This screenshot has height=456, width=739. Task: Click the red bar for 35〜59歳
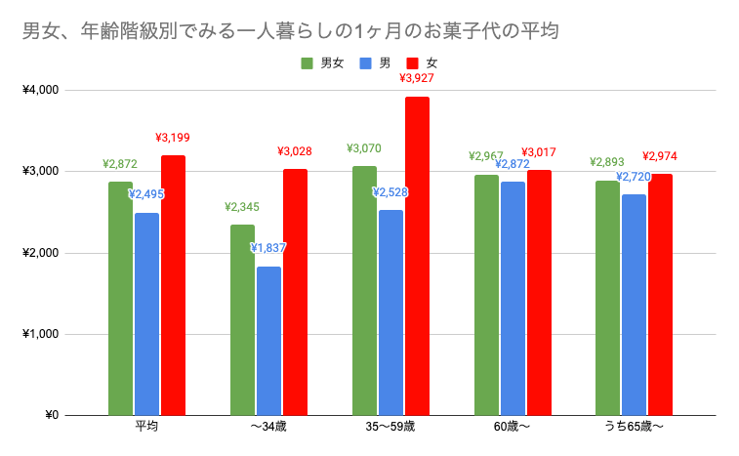click(417, 256)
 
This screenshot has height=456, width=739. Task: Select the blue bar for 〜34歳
click(268, 341)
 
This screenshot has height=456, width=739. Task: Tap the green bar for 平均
click(121, 298)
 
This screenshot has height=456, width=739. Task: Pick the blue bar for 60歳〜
click(513, 299)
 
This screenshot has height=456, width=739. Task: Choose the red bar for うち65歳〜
click(660, 294)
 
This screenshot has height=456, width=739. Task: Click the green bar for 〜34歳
click(242, 319)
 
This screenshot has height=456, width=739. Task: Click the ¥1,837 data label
click(268, 248)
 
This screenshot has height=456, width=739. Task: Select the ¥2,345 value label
click(242, 207)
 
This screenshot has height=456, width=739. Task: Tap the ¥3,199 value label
click(173, 137)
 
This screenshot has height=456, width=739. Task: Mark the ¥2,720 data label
click(635, 177)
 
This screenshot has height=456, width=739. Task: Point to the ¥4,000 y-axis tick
click(40, 90)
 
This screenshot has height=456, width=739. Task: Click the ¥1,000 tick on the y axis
click(40, 334)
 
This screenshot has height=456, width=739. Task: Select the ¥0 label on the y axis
click(50, 415)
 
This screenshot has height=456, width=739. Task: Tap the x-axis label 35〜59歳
click(390, 428)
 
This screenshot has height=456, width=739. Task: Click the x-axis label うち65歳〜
click(634, 428)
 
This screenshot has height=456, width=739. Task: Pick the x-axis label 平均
click(146, 428)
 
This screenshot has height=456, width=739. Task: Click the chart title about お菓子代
click(291, 31)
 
